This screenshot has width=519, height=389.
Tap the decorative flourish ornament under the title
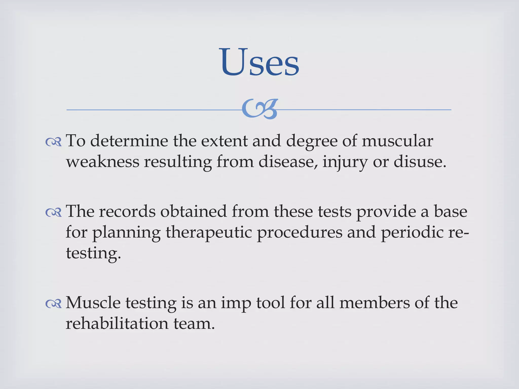pos(260,109)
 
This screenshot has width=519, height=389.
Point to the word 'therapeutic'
pos(209,232)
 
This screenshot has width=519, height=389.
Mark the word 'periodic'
pos(412,232)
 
